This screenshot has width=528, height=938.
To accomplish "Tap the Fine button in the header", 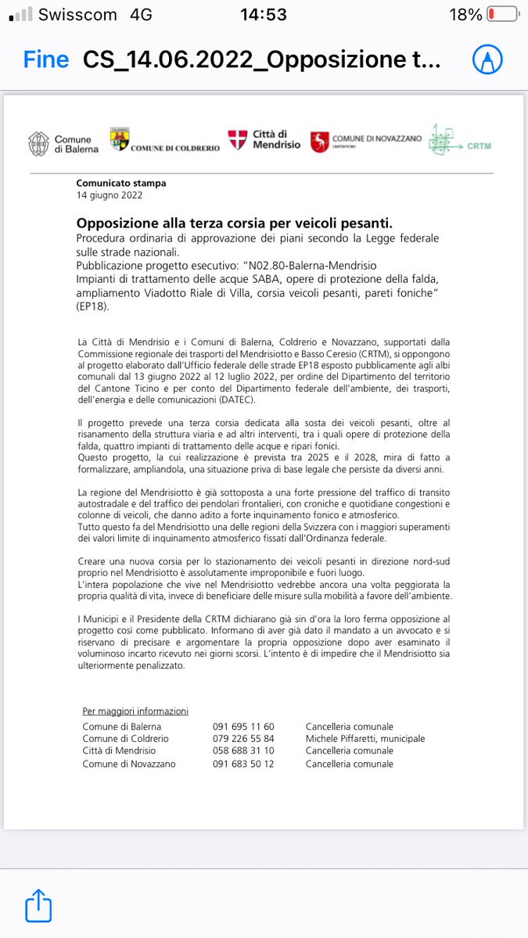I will [x=45, y=60].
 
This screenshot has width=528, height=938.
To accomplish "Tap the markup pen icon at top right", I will [x=486, y=60].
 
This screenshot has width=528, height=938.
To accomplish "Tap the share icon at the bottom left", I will [x=38, y=907].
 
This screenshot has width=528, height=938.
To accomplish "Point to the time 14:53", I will [x=264, y=15].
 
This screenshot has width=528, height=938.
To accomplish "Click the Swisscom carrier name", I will [x=77, y=15].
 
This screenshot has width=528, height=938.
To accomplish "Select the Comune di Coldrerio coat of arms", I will [x=119, y=139].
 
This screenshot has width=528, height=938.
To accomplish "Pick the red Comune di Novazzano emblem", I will [x=319, y=141].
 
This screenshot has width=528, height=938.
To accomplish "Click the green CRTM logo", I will [x=442, y=141].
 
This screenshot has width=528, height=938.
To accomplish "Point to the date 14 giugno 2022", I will [x=109, y=195].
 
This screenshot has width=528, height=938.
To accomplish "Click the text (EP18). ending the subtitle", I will [x=94, y=308].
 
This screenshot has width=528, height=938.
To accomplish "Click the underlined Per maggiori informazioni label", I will [x=135, y=711].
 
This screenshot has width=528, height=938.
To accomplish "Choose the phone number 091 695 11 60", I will [x=243, y=726].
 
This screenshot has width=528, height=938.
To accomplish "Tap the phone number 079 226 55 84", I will [x=243, y=739].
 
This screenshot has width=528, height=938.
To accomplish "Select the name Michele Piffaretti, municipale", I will [x=365, y=739].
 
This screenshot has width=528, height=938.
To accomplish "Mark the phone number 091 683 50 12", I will [x=243, y=764].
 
